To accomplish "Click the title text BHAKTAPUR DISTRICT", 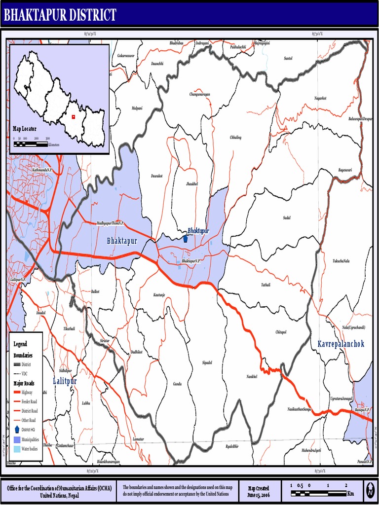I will click(60, 15).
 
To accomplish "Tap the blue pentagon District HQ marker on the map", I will click(185, 239).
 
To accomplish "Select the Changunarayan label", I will click(199, 94).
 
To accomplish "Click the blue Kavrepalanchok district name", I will click(341, 343).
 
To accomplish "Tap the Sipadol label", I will click(207, 362).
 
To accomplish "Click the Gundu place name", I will click(177, 383).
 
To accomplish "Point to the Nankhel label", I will click(252, 376).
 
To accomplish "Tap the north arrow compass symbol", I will click(370, 491).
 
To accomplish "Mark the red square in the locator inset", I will click(73, 117).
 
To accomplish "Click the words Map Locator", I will click(25, 129).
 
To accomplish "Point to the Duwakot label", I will click(156, 176).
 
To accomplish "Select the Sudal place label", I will click(287, 217).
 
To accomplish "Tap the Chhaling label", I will click(235, 137).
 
